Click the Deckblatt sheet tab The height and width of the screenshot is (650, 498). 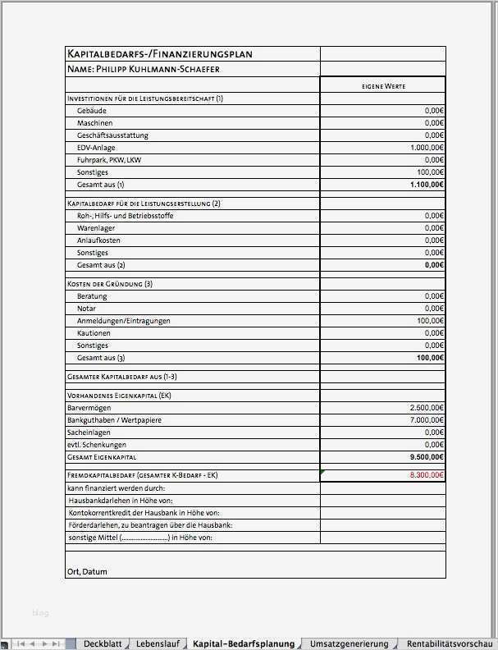click(103, 643)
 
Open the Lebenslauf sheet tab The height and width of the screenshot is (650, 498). click(158, 643)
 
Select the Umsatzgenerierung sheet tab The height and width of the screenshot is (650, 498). click(350, 643)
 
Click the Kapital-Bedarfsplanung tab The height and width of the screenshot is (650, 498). click(243, 643)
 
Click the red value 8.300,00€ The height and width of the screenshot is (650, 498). click(427, 474)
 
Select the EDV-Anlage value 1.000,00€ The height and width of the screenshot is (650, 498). click(427, 148)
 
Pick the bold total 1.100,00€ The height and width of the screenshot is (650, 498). click(427, 185)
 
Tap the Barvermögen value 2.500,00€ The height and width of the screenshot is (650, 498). click(427, 407)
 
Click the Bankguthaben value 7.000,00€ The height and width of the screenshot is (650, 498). click(427, 419)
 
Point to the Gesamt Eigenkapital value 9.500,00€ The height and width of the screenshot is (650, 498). click(427, 456)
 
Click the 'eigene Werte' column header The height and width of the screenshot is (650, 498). click(383, 85)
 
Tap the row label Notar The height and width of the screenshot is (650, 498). click(87, 308)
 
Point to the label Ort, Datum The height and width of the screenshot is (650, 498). click(87, 571)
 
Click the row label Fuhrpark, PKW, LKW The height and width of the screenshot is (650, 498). click(109, 160)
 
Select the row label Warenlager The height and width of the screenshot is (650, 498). click(96, 228)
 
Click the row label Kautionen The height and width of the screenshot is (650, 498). click(94, 333)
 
